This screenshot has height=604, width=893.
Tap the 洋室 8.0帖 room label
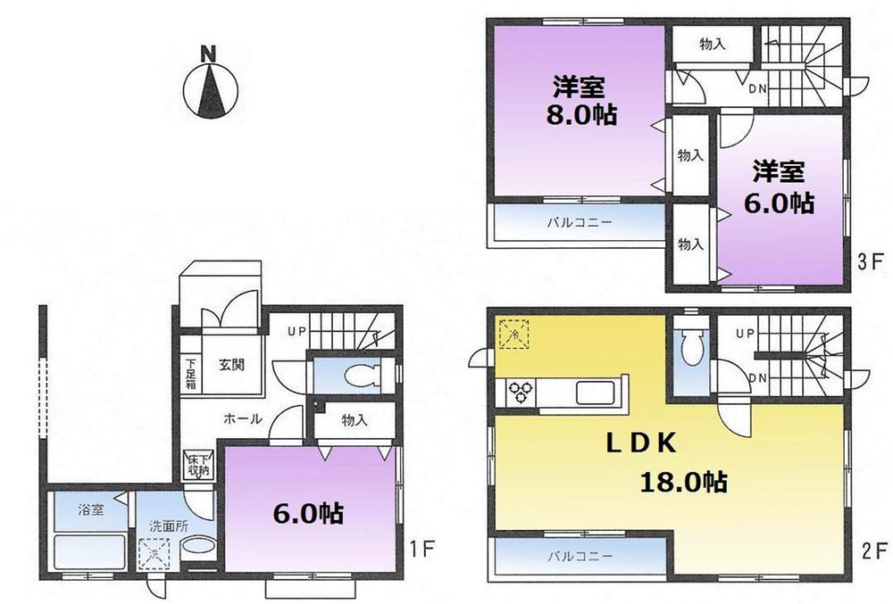(578, 101)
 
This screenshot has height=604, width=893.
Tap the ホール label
(242, 418)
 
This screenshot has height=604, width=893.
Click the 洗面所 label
(168, 525)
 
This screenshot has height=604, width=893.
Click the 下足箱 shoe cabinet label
(190, 369)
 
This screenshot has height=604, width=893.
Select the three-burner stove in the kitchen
(521, 390)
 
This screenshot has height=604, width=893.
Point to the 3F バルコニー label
(579, 222)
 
